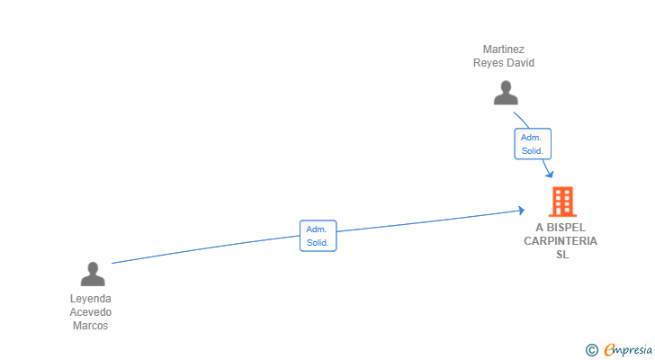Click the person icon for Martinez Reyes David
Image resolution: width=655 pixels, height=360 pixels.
click(x=506, y=93)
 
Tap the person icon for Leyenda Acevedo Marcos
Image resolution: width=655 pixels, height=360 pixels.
click(x=92, y=274)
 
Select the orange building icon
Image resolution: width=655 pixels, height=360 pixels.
click(x=562, y=202)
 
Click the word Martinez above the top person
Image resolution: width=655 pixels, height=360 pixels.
click(x=504, y=49)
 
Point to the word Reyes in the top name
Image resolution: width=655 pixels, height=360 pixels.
click(x=489, y=63)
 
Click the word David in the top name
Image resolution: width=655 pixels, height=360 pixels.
click(x=520, y=63)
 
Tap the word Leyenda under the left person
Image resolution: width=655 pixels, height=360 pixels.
click(x=91, y=299)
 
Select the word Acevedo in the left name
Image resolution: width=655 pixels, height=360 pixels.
click(x=91, y=312)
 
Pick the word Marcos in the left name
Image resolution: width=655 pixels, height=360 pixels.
click(x=91, y=326)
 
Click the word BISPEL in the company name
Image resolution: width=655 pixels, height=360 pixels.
click(x=568, y=228)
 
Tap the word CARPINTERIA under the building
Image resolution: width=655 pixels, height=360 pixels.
click(x=561, y=241)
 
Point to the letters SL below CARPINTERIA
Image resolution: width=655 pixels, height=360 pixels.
click(x=562, y=255)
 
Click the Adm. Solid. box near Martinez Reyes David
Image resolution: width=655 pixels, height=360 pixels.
click(x=533, y=144)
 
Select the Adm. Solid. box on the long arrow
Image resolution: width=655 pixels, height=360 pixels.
click(x=318, y=236)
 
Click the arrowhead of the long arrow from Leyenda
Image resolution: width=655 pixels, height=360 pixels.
click(x=521, y=211)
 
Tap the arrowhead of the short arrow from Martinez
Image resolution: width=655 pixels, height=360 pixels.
click(x=548, y=173)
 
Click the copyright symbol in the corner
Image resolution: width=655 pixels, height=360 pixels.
click(x=592, y=350)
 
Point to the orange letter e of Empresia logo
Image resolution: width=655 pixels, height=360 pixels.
click(x=610, y=350)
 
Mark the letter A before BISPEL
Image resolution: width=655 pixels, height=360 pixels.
click(x=539, y=228)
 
